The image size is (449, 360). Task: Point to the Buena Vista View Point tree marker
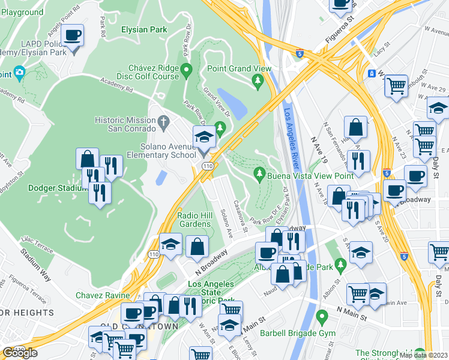(x=260, y=175)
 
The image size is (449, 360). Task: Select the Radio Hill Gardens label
(x=194, y=220)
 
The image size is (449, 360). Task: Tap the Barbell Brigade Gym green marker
(x=322, y=316)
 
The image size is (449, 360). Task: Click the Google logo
(x=20, y=353)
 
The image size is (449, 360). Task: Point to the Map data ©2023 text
(x=423, y=355)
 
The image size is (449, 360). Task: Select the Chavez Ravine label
(x=103, y=295)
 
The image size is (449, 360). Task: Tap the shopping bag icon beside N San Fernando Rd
(x=355, y=127)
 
